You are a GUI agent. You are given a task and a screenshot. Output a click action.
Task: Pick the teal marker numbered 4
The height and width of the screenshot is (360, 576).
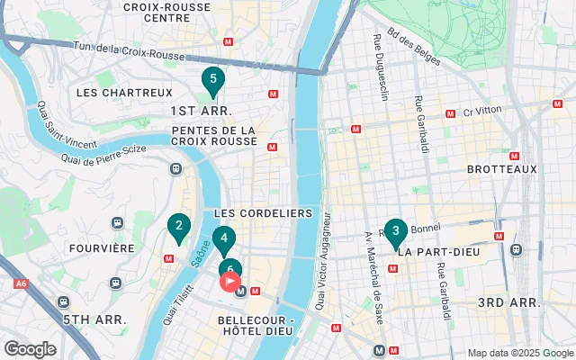(x=223, y=239)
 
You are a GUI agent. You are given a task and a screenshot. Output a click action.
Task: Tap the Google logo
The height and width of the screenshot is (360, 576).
(x=30, y=349)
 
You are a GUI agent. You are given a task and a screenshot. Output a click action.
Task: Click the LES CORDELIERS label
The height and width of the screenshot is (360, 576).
(x=263, y=213)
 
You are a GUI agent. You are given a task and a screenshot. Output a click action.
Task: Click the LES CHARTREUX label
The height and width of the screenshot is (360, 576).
(x=112, y=93)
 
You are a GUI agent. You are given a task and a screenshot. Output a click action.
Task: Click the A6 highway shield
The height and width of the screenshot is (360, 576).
(x=21, y=283)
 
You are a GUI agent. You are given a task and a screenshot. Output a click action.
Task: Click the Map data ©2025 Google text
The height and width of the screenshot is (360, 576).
(x=518, y=353)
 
